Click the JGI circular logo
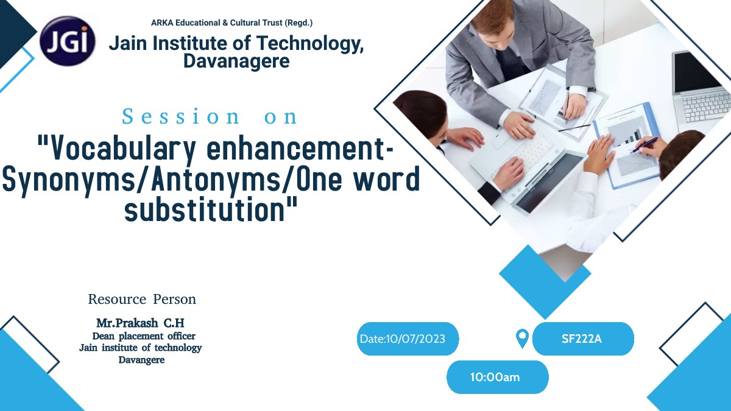(x=68, y=41)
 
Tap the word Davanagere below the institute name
(x=236, y=61)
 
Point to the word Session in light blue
(x=181, y=116)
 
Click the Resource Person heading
(x=142, y=299)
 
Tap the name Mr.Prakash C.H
(x=140, y=323)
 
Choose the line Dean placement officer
(x=144, y=336)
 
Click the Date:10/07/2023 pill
(x=408, y=339)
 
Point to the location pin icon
(x=522, y=339)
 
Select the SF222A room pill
(x=583, y=339)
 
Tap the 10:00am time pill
(x=497, y=377)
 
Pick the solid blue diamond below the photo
(x=545, y=282)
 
